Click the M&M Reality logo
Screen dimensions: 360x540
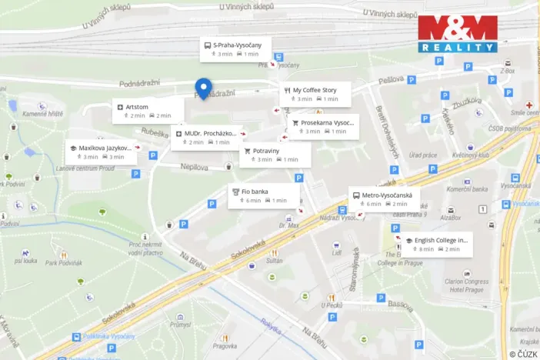[x=458, y=34]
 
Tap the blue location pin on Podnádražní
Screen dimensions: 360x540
[x=203, y=88]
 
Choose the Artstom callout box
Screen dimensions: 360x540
[x=147, y=111]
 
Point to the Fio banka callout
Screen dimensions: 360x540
[x=264, y=195]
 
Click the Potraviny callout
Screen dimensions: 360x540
[x=275, y=155]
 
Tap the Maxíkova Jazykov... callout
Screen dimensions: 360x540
[x=102, y=152]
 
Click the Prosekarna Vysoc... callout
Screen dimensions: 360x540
[x=323, y=126]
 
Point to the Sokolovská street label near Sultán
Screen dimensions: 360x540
[x=257, y=248]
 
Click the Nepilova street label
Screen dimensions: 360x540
[x=195, y=165]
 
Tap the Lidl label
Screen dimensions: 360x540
[x=336, y=252]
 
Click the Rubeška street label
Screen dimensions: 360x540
[x=155, y=132]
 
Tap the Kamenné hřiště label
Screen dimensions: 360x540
[x=42, y=114]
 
